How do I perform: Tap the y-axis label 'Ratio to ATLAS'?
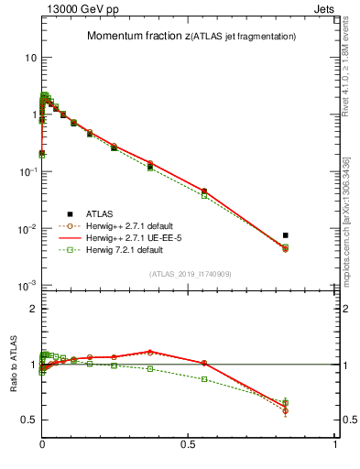point(14,365)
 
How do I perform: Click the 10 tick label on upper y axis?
point(30,57)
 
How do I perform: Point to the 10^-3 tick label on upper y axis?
point(27,286)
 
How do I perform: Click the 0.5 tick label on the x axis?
point(189,444)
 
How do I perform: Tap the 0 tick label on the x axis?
point(42,444)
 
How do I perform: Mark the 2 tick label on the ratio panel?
point(33,309)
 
